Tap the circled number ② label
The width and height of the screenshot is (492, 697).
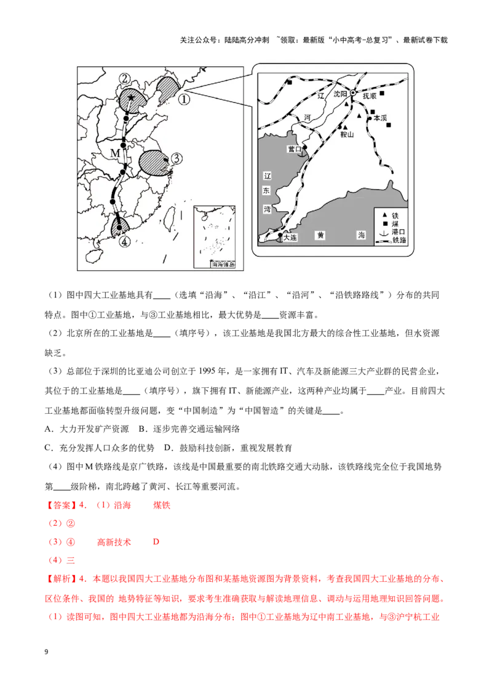coord(125,79)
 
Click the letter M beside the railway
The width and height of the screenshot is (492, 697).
coord(115,152)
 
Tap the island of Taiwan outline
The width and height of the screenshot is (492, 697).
coord(171,215)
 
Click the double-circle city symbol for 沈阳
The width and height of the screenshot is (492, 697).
coord(353,94)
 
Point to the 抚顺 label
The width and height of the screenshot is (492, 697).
coord(369,96)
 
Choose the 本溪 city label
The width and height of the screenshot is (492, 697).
coord(377,118)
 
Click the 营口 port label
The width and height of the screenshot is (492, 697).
coord(294,149)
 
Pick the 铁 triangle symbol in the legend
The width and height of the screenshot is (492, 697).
coord(384,214)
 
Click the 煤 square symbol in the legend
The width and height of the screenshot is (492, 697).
coord(384,223)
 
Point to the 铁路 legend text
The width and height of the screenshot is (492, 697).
coord(398,241)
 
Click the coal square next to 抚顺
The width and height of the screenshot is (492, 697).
coord(382,94)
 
